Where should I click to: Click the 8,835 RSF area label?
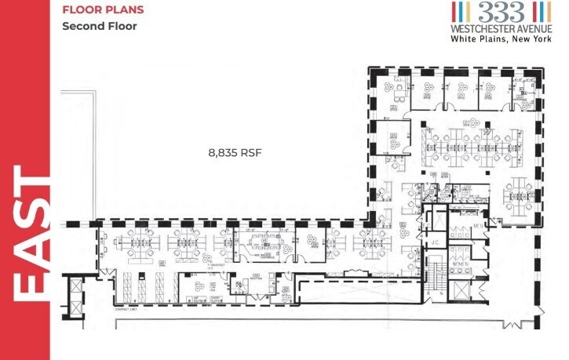tap(234, 153)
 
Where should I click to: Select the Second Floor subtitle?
tap(100, 26)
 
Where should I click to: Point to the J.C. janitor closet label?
tap(433, 242)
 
